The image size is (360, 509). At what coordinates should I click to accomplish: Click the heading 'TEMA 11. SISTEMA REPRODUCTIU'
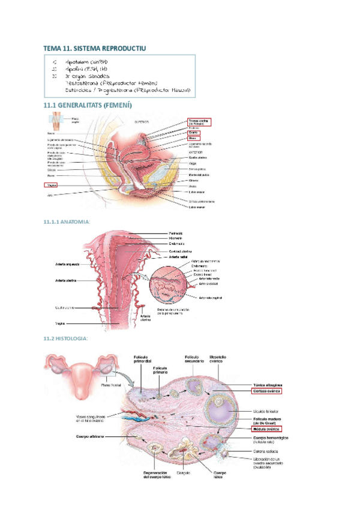(94, 47)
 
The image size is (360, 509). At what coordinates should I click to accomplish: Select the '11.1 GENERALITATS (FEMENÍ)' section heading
(87, 105)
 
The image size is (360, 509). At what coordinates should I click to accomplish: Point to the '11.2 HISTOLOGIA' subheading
(65, 339)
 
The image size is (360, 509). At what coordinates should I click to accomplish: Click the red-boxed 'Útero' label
(193, 138)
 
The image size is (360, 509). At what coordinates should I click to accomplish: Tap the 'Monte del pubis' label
(199, 175)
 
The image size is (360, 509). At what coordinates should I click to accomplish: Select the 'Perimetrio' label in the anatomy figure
(176, 233)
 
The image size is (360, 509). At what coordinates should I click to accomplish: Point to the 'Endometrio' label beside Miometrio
(177, 244)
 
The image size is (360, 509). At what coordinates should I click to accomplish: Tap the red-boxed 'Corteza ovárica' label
(267, 391)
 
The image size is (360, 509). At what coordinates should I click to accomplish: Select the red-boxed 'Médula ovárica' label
(266, 429)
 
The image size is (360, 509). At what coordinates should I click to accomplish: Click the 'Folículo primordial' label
(145, 363)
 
